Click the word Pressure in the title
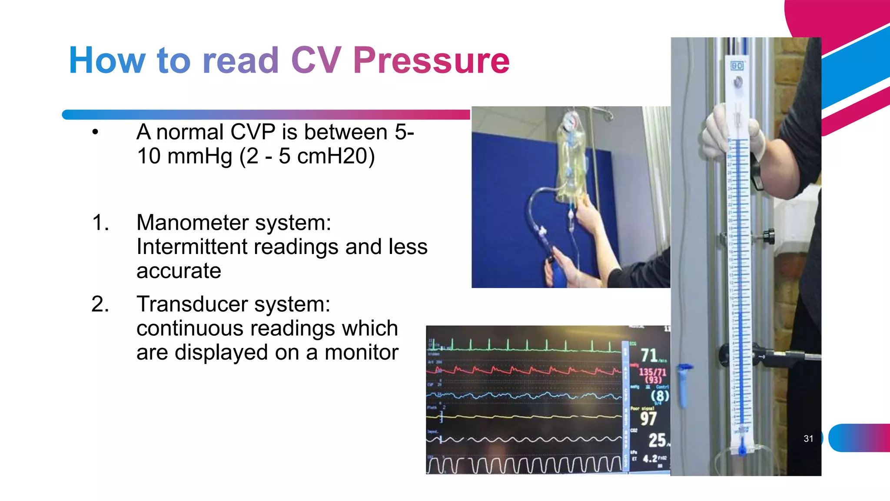(431, 60)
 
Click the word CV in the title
(316, 60)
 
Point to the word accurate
(179, 271)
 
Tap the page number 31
(808, 438)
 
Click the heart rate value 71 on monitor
(649, 355)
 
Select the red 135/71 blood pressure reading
(652, 372)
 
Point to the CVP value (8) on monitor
(660, 396)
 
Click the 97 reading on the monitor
(648, 418)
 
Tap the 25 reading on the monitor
(657, 440)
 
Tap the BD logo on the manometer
(737, 66)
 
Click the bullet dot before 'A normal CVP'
(95, 132)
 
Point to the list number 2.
(100, 304)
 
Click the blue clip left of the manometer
(684, 383)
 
